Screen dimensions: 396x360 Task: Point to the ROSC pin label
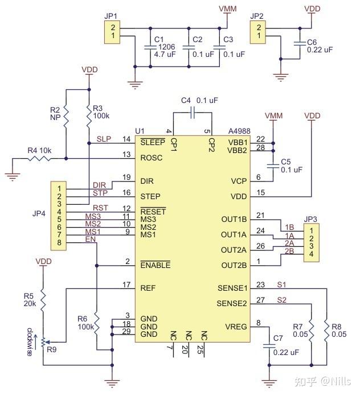click(152, 158)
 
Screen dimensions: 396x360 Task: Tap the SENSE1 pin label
click(232, 288)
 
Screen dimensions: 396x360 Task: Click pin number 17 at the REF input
click(126, 284)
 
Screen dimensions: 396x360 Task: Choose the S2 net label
click(281, 300)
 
